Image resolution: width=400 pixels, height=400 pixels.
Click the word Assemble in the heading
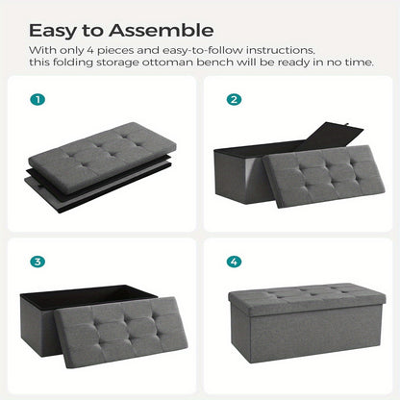pos(162,31)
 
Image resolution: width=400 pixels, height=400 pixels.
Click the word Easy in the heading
pos(53,32)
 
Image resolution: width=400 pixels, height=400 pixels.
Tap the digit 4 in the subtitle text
pos(89,50)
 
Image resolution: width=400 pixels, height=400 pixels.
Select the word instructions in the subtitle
pos(280,50)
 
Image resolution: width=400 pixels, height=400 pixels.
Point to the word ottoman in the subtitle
pos(167,62)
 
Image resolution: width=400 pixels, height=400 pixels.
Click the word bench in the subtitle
pos(215,62)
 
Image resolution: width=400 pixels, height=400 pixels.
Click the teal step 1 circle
pos(37,99)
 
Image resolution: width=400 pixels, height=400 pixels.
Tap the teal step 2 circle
pos(234,99)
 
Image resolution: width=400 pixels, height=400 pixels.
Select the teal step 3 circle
pos(37,262)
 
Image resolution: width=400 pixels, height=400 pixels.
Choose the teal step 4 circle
pos(234,262)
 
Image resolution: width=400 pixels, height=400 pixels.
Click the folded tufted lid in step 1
pos(103,157)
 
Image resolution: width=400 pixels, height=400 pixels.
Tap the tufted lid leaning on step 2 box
pos(324,176)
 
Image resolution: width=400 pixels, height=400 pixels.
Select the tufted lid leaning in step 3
pos(121,332)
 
